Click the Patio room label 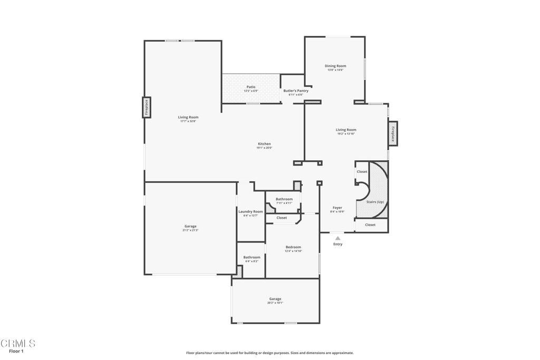[251, 87]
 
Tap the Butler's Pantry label [296, 91]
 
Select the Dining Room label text [335, 66]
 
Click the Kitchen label [264, 144]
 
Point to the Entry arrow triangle [338, 238]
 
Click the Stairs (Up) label [375, 202]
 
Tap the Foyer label [337, 208]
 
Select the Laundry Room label [250, 211]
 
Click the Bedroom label [293, 247]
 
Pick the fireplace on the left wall [147, 108]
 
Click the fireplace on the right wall [392, 133]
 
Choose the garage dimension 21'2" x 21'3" [190, 230]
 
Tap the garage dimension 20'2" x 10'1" [275, 303]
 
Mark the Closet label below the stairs [370, 225]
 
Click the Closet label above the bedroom [282, 218]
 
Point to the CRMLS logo [18, 344]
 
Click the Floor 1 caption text [16, 351]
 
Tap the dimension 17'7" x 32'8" [188, 121]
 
